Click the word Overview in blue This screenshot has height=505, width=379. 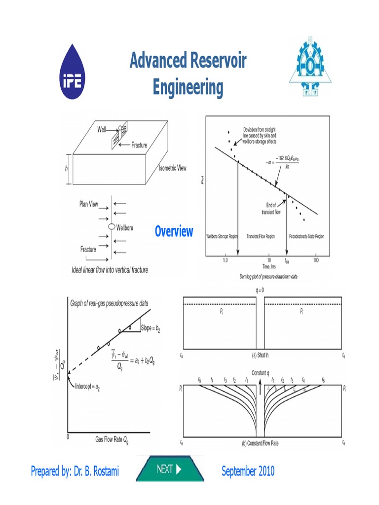174,231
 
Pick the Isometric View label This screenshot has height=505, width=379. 172,168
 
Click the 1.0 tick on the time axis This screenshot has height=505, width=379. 225,259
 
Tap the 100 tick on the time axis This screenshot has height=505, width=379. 315,259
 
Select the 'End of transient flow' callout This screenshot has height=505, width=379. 271,209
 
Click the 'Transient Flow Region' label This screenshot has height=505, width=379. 261,237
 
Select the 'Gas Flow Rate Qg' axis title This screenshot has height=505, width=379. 115,439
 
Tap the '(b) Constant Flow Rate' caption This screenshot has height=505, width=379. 260,443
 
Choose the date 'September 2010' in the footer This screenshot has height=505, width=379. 248,471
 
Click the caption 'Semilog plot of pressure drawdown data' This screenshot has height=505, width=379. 261,277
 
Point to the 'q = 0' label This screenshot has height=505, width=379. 261,290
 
